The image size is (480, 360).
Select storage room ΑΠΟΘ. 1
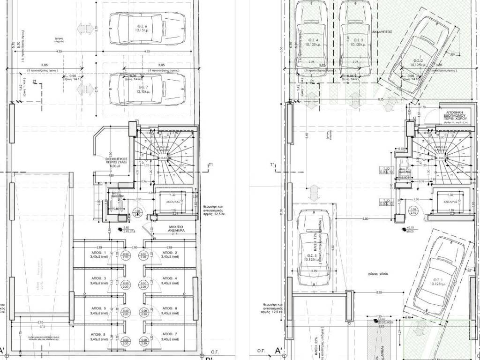[x=99, y=255]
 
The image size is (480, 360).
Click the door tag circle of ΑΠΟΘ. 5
[x=125, y=311]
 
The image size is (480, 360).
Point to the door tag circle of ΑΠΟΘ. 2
[x=142, y=255]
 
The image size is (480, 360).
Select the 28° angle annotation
[x=469, y=271]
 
